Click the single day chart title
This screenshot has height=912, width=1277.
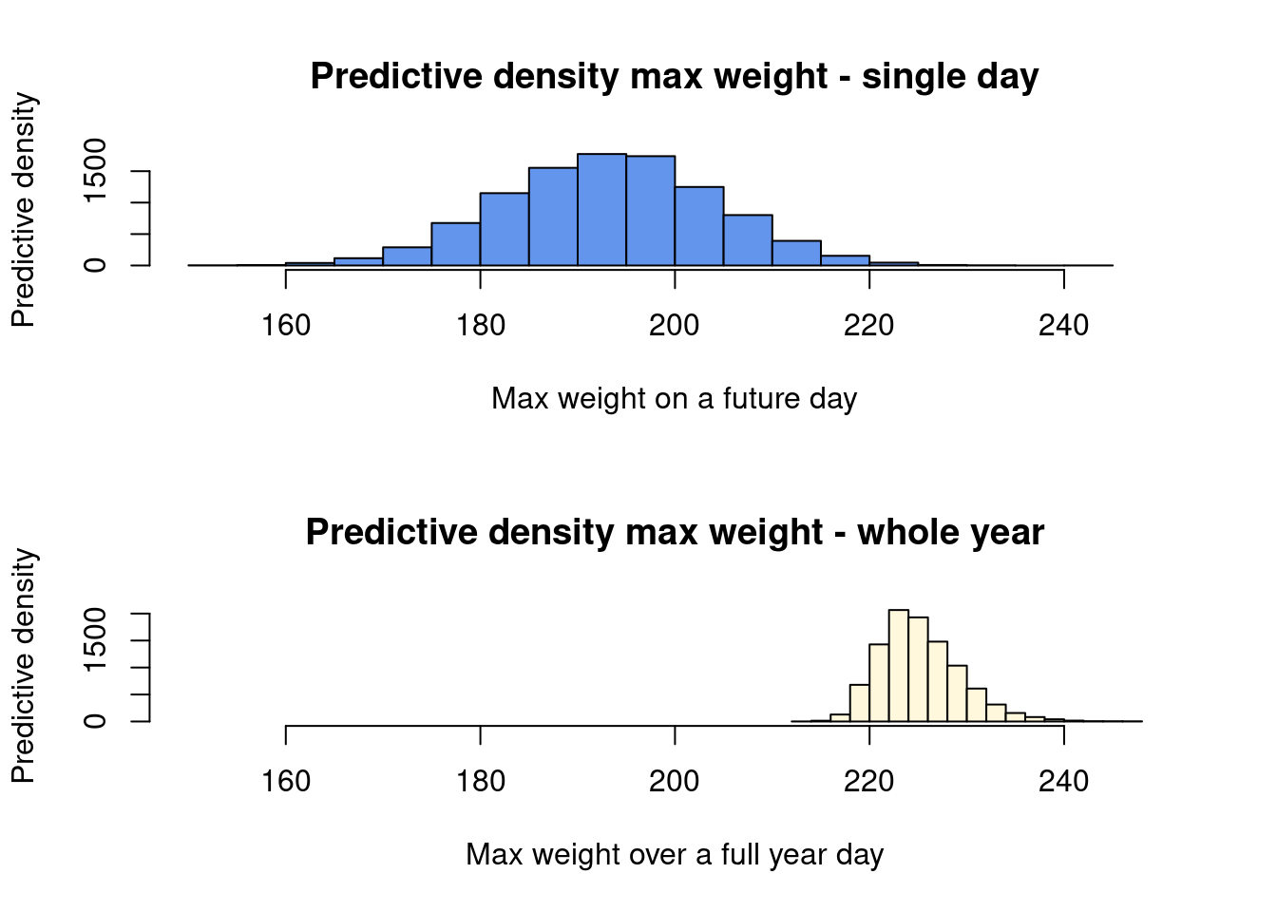[x=675, y=76]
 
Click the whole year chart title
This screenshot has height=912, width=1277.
[x=675, y=532]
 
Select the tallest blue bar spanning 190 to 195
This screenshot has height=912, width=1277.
[x=601, y=210]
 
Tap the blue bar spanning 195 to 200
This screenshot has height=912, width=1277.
[x=651, y=211]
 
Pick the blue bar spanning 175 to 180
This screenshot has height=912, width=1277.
[x=456, y=244]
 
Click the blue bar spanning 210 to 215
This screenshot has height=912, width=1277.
[x=796, y=253]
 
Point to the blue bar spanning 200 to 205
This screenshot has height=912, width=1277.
[x=699, y=226]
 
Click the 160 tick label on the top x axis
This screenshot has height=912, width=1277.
[x=286, y=326]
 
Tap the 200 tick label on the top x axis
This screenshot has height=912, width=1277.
[x=675, y=326]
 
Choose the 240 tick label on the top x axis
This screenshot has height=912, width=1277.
[x=1063, y=326]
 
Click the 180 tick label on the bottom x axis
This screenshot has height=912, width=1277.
[x=481, y=782]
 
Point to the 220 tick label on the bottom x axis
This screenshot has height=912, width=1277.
[x=869, y=782]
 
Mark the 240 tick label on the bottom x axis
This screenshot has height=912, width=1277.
[x=1063, y=782]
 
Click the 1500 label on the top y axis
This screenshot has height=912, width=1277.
[x=95, y=171]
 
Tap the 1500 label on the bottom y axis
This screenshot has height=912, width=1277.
[x=95, y=640]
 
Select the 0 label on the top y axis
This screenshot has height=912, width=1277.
[x=95, y=265]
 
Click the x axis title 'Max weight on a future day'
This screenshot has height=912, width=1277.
[x=675, y=398]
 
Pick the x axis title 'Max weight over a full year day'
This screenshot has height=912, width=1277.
[x=675, y=854]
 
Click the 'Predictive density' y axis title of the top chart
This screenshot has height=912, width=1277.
[x=23, y=209]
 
